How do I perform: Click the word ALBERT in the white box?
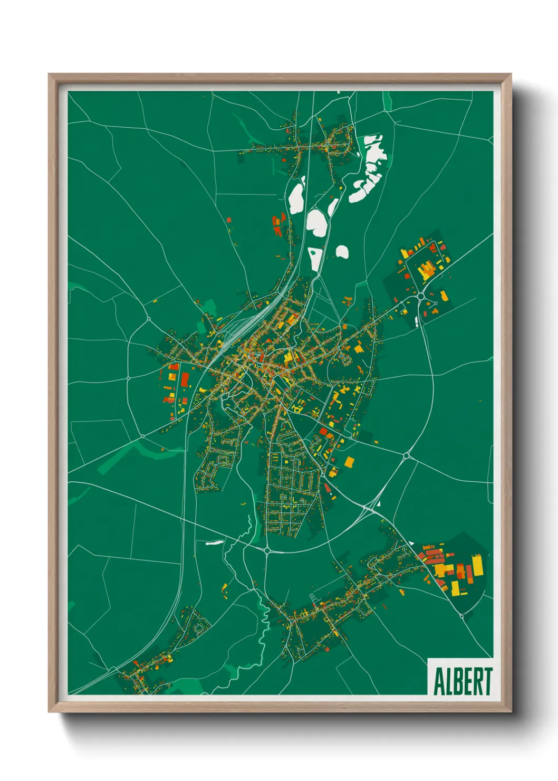[463, 681]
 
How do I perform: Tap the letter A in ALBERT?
[439, 681]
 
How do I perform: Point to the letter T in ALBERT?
[487, 681]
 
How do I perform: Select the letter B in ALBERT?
[458, 681]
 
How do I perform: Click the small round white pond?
[342, 252]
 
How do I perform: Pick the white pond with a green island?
[315, 258]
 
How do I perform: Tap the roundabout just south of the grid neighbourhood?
[267, 551]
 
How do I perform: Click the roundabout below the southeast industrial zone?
[462, 616]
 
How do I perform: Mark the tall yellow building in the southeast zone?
[478, 566]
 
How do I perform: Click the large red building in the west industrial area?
[185, 379]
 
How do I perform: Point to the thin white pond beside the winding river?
[214, 542]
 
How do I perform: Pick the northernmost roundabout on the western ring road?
[149, 319]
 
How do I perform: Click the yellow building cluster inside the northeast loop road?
[426, 270]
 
